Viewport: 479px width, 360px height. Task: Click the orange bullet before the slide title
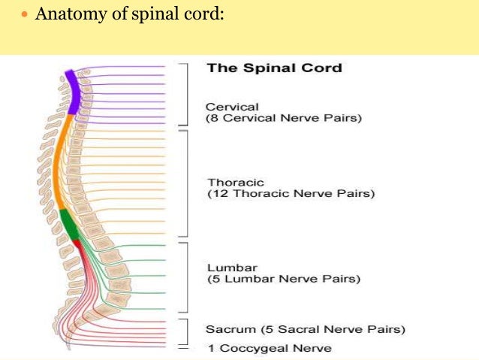coord(25,15)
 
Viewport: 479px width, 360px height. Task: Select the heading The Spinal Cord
coord(274,68)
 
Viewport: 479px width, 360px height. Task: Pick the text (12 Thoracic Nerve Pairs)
coord(291,194)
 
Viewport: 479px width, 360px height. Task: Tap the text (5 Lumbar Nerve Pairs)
coord(283,279)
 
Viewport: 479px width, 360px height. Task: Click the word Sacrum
coord(228,329)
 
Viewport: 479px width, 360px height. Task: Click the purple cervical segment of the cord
coord(71,91)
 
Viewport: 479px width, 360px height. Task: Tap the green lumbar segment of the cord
coord(68,225)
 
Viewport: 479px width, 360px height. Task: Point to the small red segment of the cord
coord(76,244)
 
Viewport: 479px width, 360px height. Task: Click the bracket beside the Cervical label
coord(185,94)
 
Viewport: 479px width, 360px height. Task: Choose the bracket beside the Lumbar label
coord(185,277)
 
